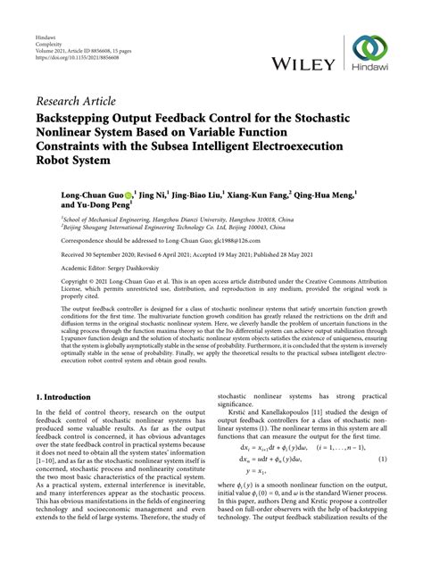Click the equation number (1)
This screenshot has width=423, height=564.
[x=382, y=483]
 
